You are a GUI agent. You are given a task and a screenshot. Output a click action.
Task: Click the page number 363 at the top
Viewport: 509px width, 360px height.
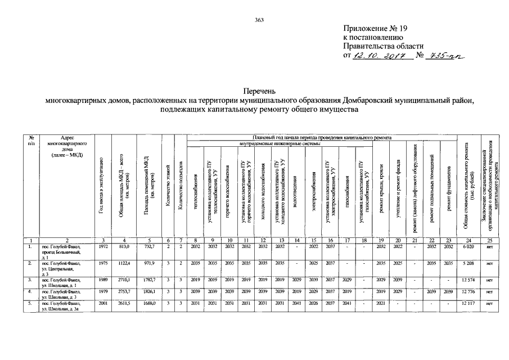[259, 20]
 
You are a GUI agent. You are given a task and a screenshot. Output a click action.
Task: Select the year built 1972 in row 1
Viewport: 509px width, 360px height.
[103, 246]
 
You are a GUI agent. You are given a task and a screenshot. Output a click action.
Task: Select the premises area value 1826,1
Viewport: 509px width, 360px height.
[149, 291]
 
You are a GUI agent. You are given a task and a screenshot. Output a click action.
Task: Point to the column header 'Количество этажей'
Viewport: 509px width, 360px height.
[168, 186]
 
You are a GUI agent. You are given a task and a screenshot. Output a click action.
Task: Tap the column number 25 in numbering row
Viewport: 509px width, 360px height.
[490, 240]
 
